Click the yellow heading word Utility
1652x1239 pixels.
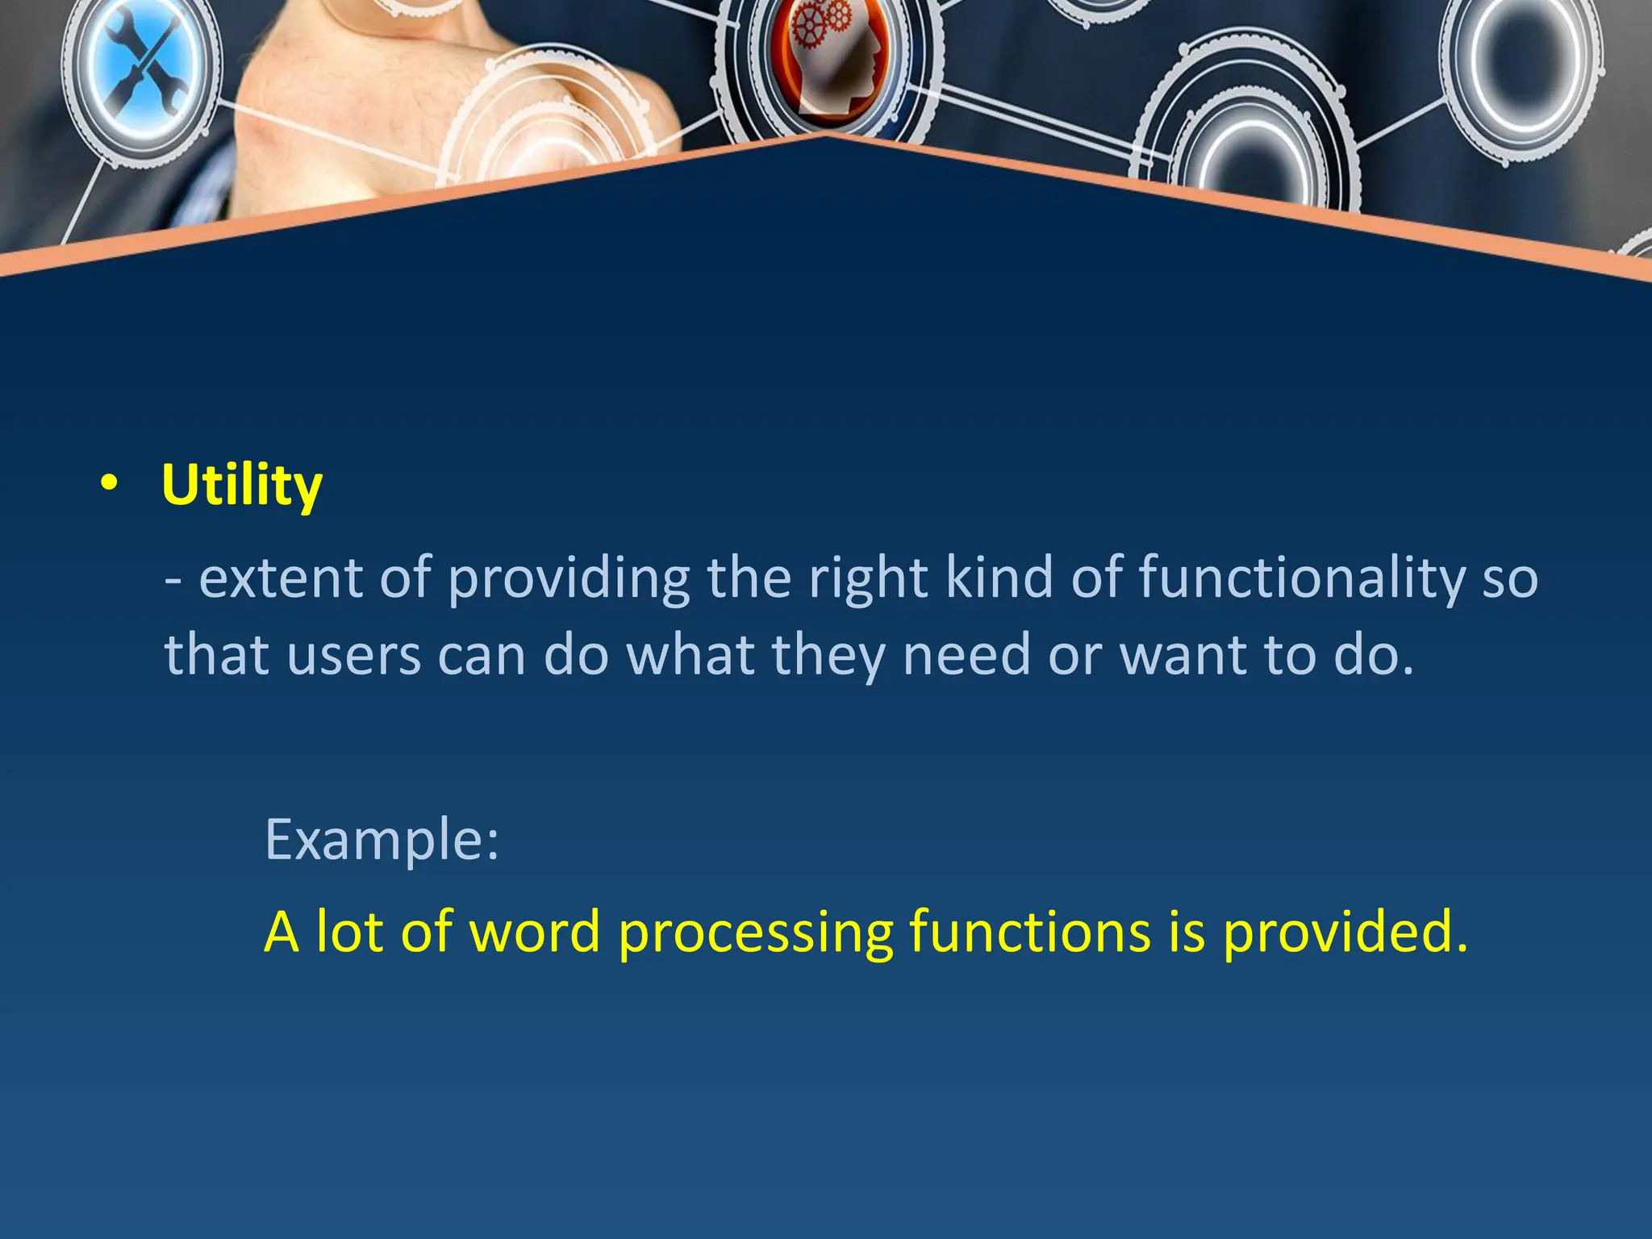point(242,486)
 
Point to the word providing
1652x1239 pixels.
point(569,578)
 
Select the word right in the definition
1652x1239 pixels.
point(868,578)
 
